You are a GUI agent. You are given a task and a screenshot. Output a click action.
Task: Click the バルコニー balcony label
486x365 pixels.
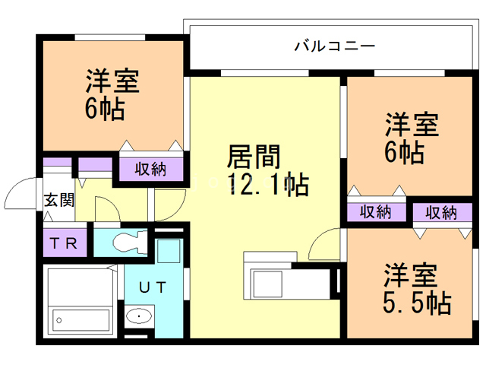(x=334, y=46)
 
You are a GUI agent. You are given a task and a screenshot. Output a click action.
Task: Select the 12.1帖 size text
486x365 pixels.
(x=267, y=185)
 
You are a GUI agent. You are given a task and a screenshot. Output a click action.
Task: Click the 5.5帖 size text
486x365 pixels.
(x=417, y=303)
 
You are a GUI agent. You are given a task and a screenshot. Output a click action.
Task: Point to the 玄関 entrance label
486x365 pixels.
(x=58, y=201)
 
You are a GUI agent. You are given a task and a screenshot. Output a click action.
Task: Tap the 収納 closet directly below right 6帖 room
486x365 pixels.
(x=376, y=211)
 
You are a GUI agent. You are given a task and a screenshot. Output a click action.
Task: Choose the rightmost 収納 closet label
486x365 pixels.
(x=441, y=211)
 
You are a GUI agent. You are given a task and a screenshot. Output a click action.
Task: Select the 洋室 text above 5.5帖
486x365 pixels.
(x=410, y=273)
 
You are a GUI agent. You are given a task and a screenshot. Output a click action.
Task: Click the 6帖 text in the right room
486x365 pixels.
(x=403, y=151)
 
